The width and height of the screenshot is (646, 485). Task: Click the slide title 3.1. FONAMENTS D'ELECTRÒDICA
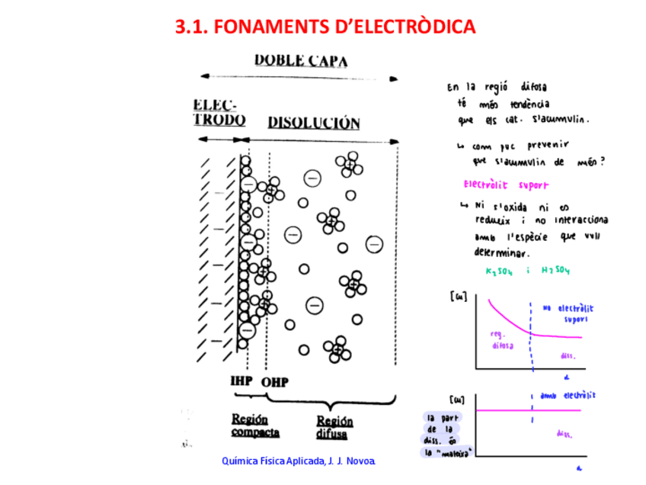point(325,27)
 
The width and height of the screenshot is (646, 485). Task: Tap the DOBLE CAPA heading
point(301,60)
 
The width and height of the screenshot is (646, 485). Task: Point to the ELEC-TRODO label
point(219,112)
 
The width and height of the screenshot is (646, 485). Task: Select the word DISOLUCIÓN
point(313,123)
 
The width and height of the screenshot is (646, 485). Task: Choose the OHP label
point(274,381)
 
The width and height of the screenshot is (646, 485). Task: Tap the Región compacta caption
point(254,426)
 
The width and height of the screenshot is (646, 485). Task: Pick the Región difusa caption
point(334,427)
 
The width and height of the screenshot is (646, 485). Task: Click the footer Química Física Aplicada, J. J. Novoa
point(299,462)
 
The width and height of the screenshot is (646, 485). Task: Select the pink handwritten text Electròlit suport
point(505,185)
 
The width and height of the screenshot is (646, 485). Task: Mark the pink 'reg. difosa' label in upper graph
point(502,339)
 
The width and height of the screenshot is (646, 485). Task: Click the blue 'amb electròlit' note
point(568,396)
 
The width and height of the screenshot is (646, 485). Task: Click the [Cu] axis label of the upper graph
point(458,295)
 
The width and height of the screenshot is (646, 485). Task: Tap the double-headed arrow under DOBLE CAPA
point(297,76)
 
